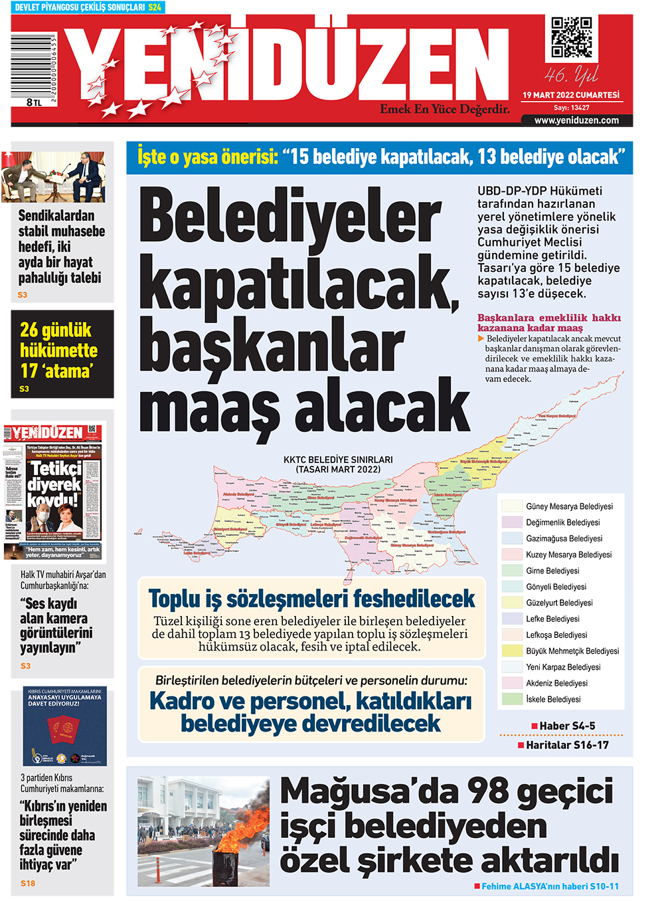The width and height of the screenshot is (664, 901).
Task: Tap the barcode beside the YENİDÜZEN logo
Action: click(x=33, y=66)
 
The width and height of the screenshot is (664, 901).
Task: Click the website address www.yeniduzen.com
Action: click(x=576, y=120)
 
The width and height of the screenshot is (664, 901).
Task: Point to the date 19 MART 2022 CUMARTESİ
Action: click(x=570, y=95)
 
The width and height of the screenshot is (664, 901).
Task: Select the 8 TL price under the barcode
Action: click(x=34, y=102)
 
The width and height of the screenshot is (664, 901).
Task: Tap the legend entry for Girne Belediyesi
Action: click(x=552, y=571)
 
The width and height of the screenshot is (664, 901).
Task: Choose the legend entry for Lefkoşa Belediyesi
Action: click(x=556, y=635)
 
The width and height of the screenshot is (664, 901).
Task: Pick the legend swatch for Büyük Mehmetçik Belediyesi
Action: click(x=512, y=651)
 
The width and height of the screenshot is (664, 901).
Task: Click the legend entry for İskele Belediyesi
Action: click(x=553, y=699)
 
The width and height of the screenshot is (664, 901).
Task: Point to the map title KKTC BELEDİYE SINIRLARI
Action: click(x=338, y=460)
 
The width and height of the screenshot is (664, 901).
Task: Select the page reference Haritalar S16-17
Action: click(x=567, y=745)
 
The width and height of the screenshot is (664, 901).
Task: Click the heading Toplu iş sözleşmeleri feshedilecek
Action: click(x=311, y=599)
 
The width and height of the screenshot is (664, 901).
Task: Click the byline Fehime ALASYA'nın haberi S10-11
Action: click(x=550, y=886)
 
